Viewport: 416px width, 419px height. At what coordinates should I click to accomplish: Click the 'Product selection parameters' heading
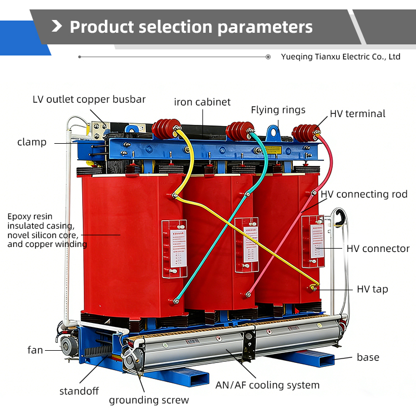[191, 27]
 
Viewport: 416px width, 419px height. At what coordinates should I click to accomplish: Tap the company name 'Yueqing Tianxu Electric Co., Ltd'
[341, 57]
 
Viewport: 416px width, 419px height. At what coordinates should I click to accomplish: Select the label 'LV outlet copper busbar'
[89, 99]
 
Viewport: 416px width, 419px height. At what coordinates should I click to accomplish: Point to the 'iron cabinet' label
[202, 102]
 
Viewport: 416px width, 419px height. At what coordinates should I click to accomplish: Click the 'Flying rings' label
[278, 110]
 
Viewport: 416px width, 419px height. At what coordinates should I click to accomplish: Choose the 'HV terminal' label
[357, 114]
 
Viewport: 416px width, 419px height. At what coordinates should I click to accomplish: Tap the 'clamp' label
[32, 142]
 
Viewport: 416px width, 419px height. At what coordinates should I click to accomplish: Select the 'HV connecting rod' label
[364, 194]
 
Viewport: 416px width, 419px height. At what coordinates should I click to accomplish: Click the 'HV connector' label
[378, 249]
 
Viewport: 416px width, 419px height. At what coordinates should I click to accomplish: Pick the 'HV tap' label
[372, 289]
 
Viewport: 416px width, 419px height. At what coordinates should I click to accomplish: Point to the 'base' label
[368, 357]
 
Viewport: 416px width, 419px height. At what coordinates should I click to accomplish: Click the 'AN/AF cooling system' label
[267, 385]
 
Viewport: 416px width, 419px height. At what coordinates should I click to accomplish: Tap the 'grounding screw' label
[149, 400]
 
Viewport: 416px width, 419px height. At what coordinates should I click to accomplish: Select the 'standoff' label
[79, 391]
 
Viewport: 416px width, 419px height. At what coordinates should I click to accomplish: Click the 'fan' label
[35, 350]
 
